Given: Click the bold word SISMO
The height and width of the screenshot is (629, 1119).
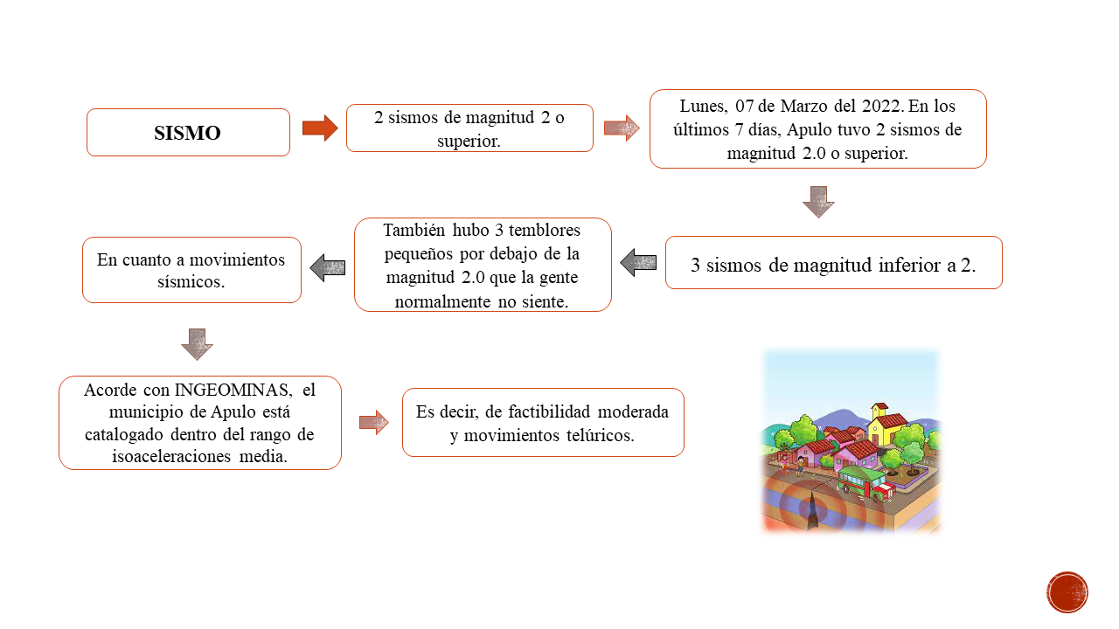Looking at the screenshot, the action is click(x=187, y=133).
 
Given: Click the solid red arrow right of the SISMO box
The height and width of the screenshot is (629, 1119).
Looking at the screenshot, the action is click(x=320, y=128).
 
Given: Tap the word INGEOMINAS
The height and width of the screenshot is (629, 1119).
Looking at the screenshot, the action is click(x=233, y=390).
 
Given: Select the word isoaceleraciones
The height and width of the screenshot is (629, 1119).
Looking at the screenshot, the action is click(x=171, y=456).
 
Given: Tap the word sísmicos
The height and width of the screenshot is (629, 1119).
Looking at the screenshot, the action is click(x=191, y=282).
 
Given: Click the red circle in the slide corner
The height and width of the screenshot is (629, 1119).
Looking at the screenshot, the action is click(x=1067, y=592).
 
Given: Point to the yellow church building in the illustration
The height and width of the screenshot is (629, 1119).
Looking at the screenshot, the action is click(x=886, y=425).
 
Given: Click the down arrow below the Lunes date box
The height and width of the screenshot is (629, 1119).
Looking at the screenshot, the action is click(x=818, y=202).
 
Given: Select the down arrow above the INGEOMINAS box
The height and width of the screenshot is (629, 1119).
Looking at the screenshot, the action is click(x=197, y=344).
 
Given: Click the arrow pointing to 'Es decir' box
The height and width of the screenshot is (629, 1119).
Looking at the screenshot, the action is click(x=373, y=423).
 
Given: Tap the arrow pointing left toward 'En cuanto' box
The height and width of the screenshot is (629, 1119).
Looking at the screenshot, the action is click(x=328, y=267).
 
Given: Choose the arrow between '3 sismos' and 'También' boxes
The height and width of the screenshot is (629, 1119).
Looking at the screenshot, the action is click(x=638, y=263).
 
